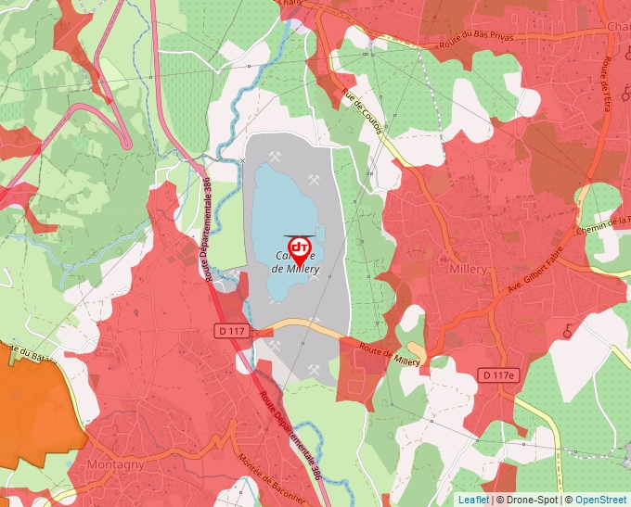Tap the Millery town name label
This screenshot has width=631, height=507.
pyautogui.click(x=468, y=269)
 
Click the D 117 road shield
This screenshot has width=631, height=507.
pyautogui.click(x=232, y=330)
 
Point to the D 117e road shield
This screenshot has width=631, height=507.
pyautogui.click(x=498, y=374)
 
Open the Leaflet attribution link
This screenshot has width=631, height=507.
pyautogui.click(x=472, y=500)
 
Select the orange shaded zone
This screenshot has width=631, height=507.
pyautogui.click(x=37, y=408)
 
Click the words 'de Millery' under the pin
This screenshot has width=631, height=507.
pyautogui.click(x=296, y=269)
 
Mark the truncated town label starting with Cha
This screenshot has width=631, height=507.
pyautogui.click(x=617, y=27)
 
